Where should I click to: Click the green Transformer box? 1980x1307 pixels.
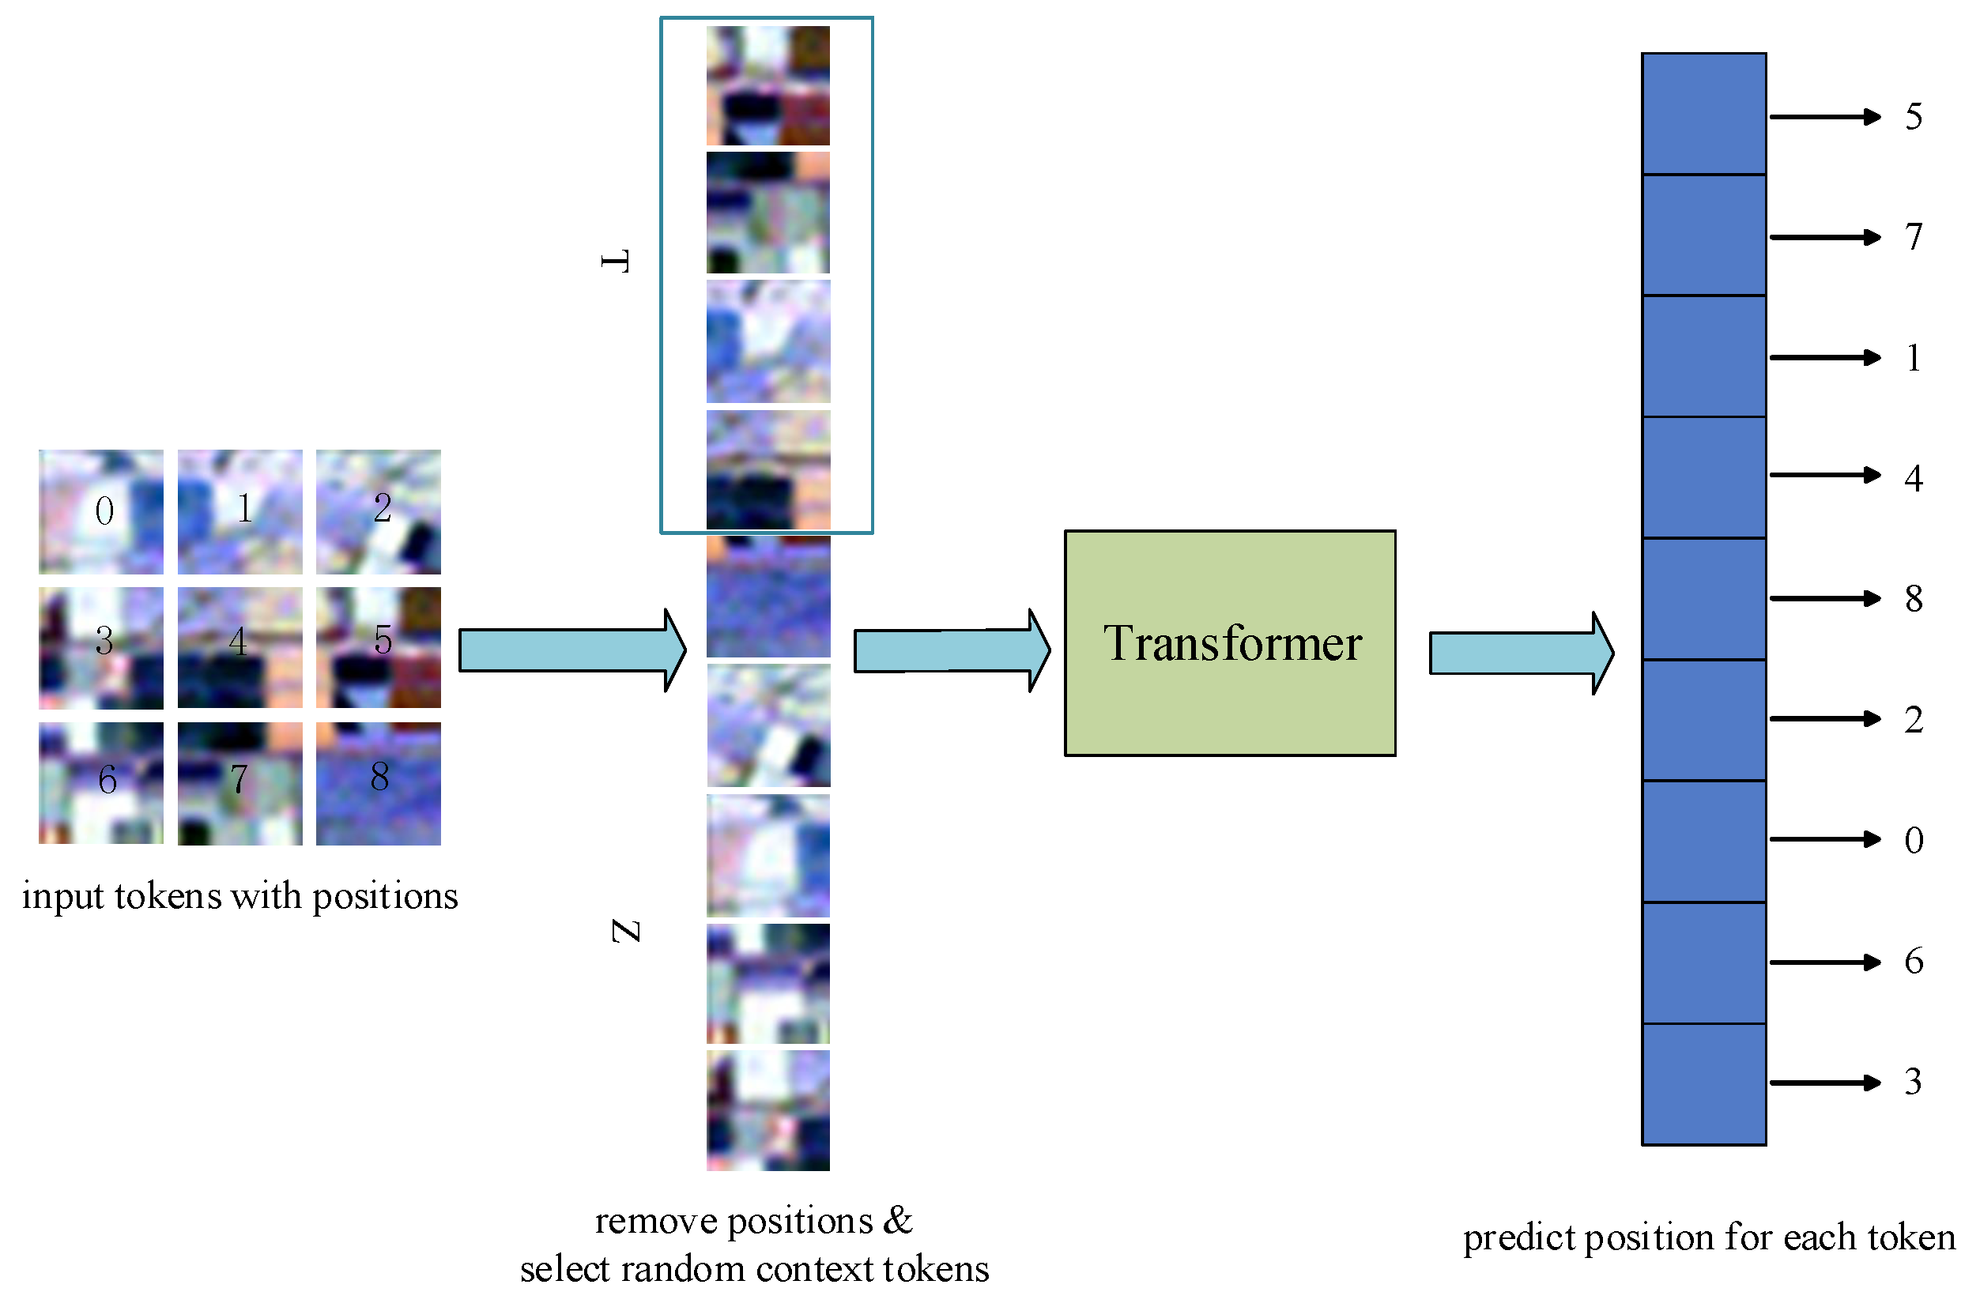[1230, 642]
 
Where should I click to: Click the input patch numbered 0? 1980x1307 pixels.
[101, 512]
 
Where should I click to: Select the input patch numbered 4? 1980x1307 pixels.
[239, 648]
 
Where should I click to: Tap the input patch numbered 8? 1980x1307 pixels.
[378, 783]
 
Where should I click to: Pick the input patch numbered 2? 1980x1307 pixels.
[378, 512]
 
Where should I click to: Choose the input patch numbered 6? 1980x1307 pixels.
[101, 783]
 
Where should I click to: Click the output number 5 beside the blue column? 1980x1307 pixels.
[1914, 117]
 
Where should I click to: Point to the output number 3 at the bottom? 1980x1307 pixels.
[1914, 1082]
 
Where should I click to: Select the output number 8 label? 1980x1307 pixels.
[1914, 598]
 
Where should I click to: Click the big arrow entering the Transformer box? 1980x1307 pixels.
[950, 651]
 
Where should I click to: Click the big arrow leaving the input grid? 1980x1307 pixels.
[571, 650]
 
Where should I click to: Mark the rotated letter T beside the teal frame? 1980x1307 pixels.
[615, 261]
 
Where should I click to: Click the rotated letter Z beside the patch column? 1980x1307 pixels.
[625, 931]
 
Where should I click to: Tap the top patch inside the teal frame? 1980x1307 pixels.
[767, 85]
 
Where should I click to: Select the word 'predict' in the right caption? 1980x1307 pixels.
[1519, 1239]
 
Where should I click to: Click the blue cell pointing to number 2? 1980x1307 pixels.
[1703, 719]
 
